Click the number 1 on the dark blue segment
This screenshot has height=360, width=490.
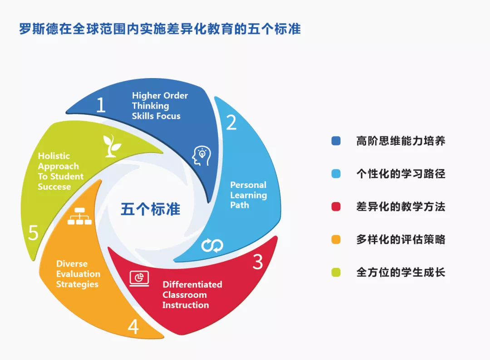[x=101, y=105]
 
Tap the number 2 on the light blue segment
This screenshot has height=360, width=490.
[x=231, y=122]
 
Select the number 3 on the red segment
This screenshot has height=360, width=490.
[x=258, y=262]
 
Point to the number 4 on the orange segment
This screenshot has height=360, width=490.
[x=133, y=327]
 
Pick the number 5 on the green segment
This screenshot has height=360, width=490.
[x=33, y=233]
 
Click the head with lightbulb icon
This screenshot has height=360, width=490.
[x=201, y=156]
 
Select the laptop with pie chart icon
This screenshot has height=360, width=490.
[x=139, y=278]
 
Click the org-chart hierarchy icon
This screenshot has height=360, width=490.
[x=80, y=216]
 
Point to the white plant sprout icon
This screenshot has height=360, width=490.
[x=112, y=146]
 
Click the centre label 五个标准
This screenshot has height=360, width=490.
[x=150, y=209]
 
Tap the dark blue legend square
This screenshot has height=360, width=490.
[x=336, y=141]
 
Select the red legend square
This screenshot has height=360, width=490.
[x=336, y=207]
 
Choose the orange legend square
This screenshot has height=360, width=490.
[x=336, y=240]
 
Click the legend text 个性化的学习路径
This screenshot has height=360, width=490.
[x=401, y=174]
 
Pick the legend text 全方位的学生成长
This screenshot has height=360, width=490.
[x=401, y=272]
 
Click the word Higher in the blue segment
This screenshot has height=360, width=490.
[x=147, y=96]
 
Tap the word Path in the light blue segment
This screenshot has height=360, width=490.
[x=240, y=205]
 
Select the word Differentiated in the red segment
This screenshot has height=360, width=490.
[x=192, y=284]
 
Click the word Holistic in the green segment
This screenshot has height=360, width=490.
[x=54, y=156]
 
